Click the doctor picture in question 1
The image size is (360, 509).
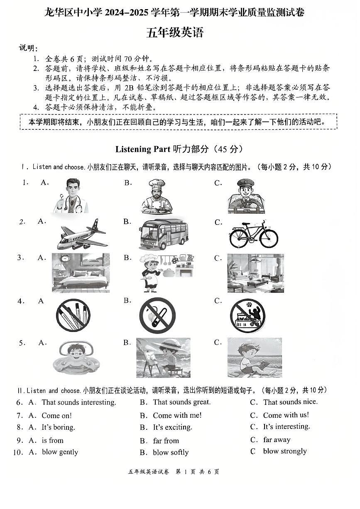71,195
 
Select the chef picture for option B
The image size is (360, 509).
157,196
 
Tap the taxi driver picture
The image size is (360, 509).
246,196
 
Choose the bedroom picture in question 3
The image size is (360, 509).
81,273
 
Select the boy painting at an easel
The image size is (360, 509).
163,357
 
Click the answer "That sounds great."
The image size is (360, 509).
181,402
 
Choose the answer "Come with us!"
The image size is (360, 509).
286,415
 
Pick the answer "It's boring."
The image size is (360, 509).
58,427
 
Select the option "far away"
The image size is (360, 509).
277,440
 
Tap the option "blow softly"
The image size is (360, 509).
171,453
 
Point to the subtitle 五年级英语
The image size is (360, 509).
175,33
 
